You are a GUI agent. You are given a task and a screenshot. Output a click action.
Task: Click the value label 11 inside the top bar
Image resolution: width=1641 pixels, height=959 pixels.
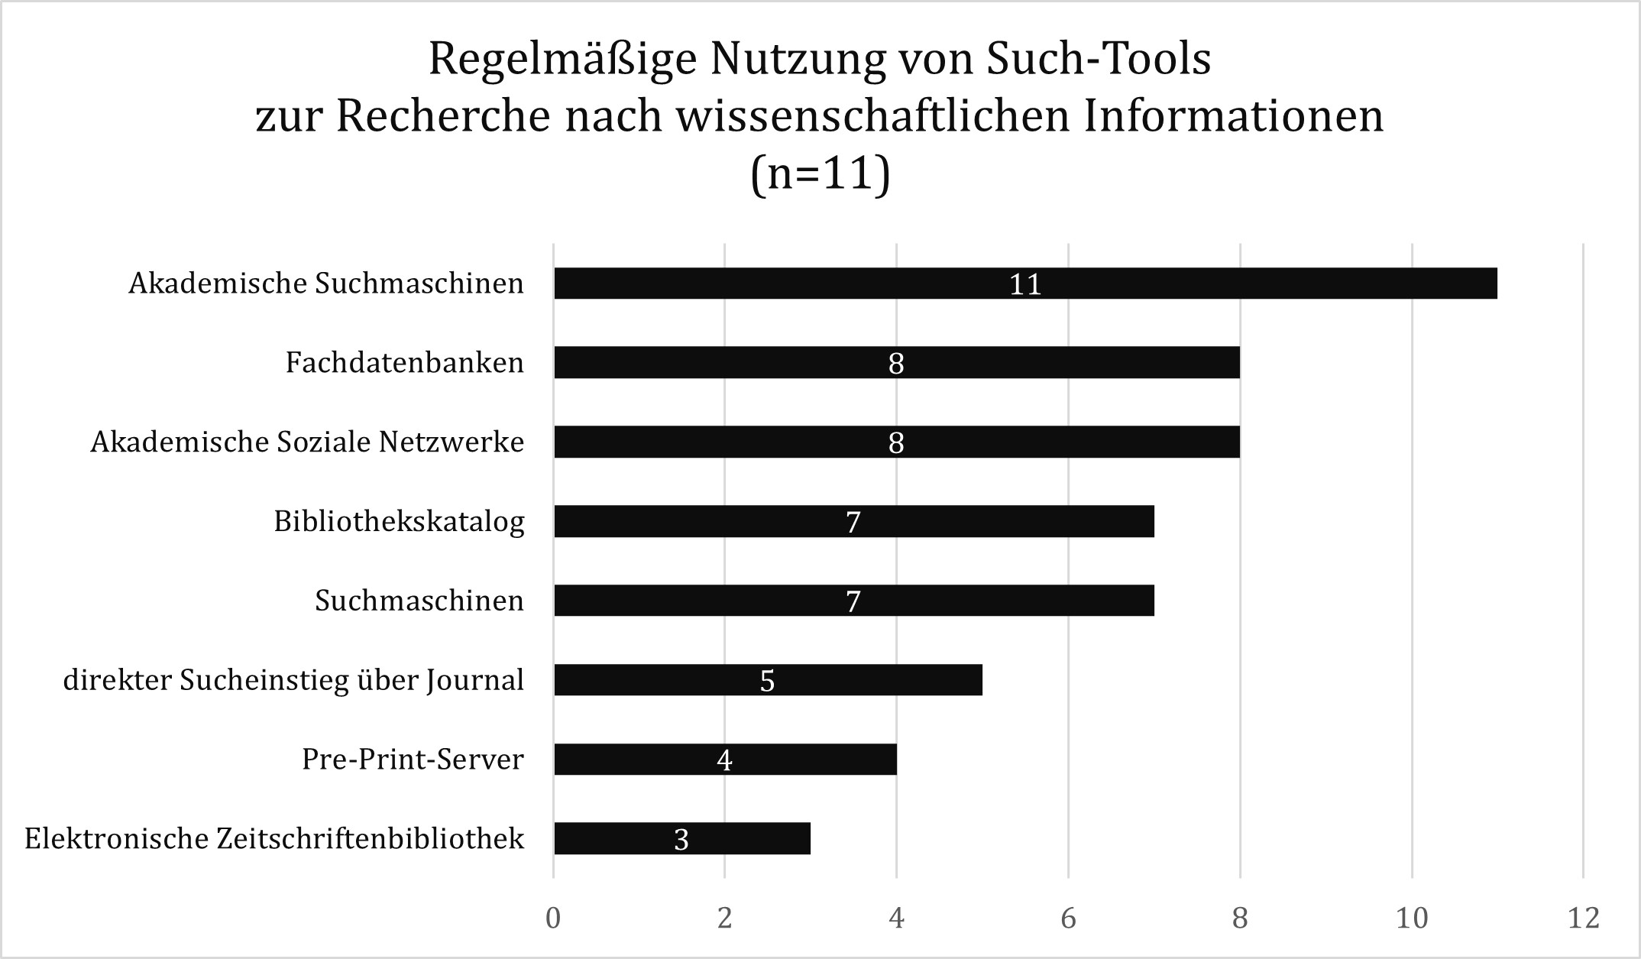[1025, 284]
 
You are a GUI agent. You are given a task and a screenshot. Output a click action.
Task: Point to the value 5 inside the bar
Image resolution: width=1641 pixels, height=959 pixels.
[767, 680]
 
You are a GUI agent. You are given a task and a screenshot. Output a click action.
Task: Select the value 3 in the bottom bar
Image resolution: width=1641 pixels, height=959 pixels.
[681, 839]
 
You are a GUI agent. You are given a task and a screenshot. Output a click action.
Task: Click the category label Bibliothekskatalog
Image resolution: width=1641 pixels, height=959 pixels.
[399, 521]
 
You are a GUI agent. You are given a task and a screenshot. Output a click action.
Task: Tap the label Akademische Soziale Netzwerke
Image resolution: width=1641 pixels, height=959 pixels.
[307, 442]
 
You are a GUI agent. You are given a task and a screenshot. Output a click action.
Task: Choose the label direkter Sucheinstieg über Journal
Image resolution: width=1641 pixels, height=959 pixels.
[293, 680]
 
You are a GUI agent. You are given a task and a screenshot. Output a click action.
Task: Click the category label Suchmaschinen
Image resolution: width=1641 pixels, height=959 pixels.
[419, 601]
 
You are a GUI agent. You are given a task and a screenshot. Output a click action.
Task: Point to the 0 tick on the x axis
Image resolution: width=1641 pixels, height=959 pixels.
[553, 918]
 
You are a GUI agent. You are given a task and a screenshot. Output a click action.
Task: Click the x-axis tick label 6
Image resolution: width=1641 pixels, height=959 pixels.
[1068, 918]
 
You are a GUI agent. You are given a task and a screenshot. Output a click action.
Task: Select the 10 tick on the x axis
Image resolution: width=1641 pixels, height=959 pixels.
[1412, 918]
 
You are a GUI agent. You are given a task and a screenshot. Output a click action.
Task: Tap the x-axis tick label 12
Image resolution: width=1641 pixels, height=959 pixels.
[1583, 918]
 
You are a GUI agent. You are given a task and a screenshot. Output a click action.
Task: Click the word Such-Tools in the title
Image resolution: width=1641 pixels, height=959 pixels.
[1098, 59]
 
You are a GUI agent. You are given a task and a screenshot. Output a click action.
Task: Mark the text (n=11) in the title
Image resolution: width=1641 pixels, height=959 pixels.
[820, 174]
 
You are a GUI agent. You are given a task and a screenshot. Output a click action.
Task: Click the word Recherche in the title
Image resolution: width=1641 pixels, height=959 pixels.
[444, 117]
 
